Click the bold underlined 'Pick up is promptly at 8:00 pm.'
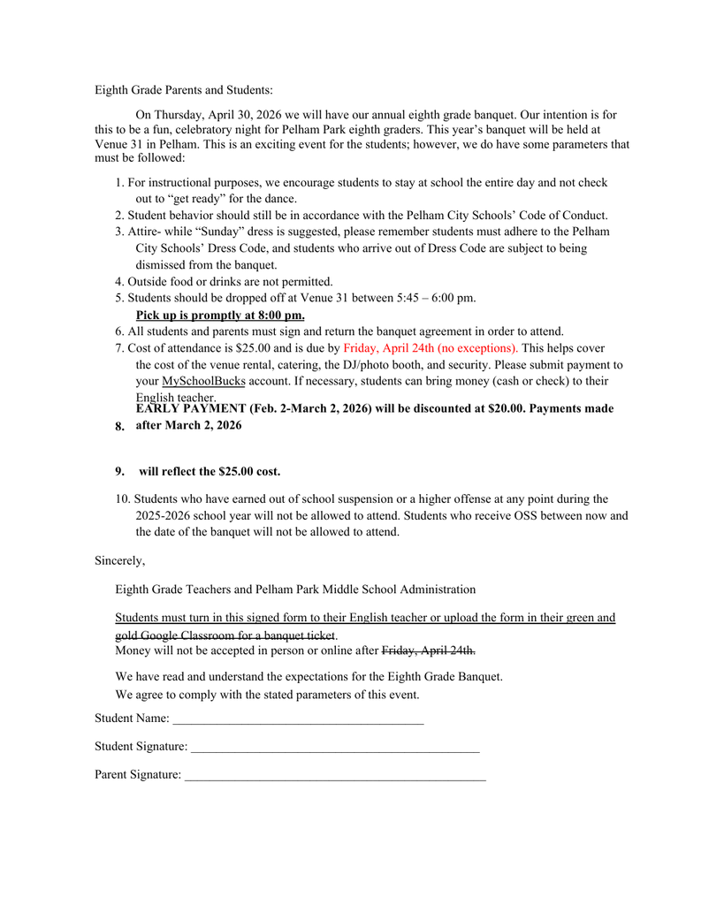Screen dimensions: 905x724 (x=220, y=315)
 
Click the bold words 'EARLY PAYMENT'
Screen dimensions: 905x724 (x=190, y=409)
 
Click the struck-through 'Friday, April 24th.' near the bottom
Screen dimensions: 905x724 (x=428, y=651)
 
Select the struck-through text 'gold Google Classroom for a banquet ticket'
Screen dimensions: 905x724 (x=225, y=635)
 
